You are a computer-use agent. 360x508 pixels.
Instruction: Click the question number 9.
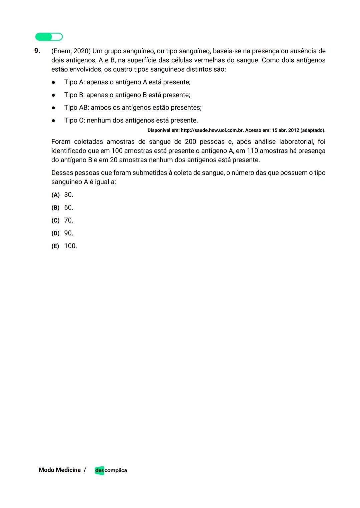click(x=37, y=51)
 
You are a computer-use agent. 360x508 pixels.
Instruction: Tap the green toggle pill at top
click(x=49, y=37)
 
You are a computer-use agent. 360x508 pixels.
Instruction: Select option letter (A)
click(x=55, y=195)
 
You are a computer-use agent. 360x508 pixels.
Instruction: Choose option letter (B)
click(x=55, y=208)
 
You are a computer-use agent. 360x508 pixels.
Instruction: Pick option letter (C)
click(x=55, y=221)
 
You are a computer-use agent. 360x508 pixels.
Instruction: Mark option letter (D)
click(x=55, y=234)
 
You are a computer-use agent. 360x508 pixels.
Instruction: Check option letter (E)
click(x=55, y=246)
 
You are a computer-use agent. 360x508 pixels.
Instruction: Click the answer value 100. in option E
click(x=70, y=246)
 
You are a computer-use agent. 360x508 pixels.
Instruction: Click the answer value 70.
click(x=69, y=221)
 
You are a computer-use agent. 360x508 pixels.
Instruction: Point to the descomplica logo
click(x=111, y=470)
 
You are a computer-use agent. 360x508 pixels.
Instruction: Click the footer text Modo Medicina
click(x=60, y=470)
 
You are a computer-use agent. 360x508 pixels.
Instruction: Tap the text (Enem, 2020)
click(x=71, y=51)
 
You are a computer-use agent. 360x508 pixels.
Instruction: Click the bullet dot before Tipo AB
click(x=53, y=108)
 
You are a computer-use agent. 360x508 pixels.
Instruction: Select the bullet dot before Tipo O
click(x=53, y=121)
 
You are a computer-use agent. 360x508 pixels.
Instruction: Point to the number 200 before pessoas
click(x=190, y=142)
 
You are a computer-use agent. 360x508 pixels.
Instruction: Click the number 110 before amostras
click(x=252, y=151)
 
